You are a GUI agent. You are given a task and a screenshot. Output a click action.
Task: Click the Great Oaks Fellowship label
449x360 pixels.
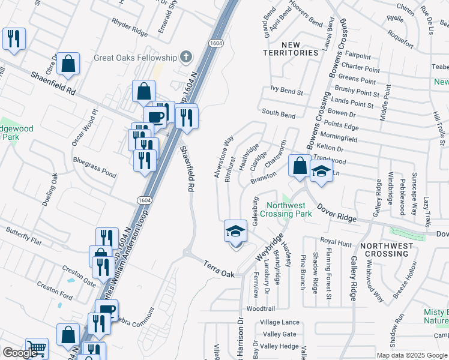(x=135, y=58)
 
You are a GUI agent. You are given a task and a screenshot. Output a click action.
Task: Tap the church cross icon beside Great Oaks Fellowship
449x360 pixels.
(x=186, y=58)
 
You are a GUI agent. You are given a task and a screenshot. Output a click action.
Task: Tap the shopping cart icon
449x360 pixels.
(x=37, y=348)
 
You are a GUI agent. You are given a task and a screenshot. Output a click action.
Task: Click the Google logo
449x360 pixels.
(x=20, y=353)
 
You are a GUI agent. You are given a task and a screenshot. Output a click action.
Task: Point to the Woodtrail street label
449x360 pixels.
(x=260, y=308)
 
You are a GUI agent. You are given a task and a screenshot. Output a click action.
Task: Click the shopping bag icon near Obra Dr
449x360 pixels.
(x=68, y=64)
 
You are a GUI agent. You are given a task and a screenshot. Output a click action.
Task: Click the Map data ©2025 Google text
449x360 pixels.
(x=412, y=355)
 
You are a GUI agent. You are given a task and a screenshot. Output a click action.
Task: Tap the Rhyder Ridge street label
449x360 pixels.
(x=129, y=26)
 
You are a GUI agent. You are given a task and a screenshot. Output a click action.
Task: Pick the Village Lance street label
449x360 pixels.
(x=280, y=322)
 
